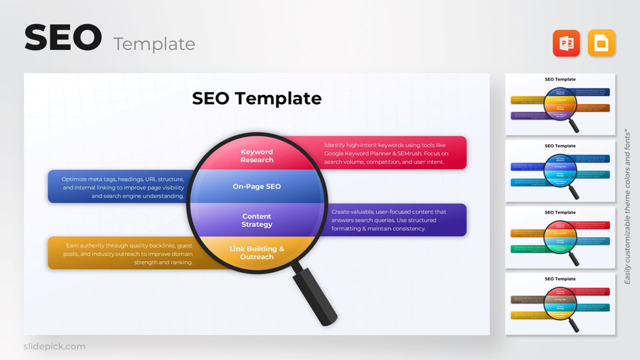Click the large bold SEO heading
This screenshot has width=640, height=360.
[x=63, y=38]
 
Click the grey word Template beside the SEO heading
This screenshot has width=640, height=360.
[x=154, y=44]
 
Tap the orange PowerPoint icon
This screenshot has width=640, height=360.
[x=566, y=43]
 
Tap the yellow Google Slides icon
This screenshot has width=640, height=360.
[x=601, y=43]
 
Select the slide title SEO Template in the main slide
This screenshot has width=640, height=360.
[x=256, y=98]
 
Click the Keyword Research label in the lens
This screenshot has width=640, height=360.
[x=256, y=156]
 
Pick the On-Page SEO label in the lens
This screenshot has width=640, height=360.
[x=256, y=186]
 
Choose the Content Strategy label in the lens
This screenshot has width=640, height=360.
[x=256, y=220]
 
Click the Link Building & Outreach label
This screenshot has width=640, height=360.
[x=256, y=252]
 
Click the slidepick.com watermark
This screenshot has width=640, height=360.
[x=54, y=346]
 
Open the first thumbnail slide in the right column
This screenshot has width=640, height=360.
[x=560, y=104]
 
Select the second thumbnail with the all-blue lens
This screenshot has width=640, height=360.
[x=560, y=171]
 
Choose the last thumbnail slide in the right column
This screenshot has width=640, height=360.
[x=560, y=304]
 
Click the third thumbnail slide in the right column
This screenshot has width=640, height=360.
[x=560, y=237]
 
